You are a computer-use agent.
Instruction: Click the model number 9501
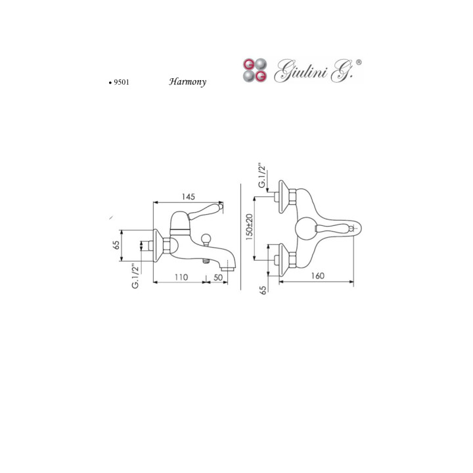122,82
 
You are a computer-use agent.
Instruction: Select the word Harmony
187,81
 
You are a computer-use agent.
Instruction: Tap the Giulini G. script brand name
313,71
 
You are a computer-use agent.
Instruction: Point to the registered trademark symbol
359,62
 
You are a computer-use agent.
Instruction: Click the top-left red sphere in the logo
248,64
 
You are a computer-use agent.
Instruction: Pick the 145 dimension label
189,196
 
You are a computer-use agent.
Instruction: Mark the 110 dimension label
181,277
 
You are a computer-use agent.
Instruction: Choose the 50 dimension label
218,277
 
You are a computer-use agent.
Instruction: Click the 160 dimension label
317,276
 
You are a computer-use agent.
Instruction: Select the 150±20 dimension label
249,227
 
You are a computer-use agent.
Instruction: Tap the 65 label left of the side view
116,244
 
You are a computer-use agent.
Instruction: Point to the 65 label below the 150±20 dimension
263,290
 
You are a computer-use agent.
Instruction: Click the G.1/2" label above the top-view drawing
262,176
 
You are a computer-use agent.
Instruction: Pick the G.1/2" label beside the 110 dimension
135,276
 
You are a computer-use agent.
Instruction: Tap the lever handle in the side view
206,210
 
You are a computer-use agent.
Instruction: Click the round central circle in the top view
306,227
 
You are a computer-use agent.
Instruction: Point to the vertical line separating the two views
240,236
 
